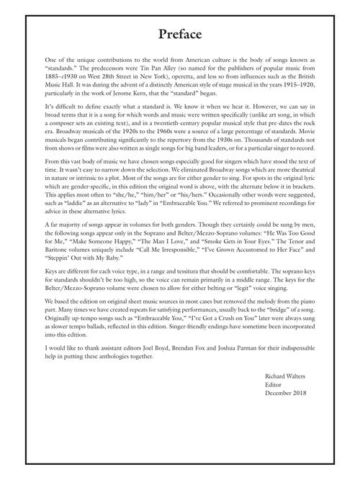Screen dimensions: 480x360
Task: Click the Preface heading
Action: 180,35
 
